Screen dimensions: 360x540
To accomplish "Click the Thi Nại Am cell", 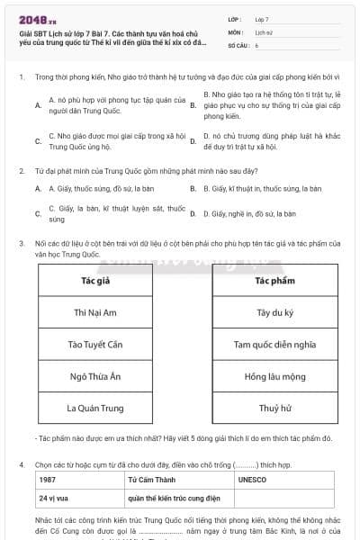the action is pyautogui.click(x=95, y=312).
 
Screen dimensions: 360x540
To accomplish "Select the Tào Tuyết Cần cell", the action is pyautogui.click(x=95, y=344).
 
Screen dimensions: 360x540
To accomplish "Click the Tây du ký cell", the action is pyautogui.click(x=275, y=312).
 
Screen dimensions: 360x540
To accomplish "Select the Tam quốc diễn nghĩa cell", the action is pyautogui.click(x=275, y=344).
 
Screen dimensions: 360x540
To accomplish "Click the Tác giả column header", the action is pyautogui.click(x=95, y=281).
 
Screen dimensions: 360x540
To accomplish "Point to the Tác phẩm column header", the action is pyautogui.click(x=275, y=281).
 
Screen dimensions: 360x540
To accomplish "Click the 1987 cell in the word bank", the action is pyautogui.click(x=49, y=480).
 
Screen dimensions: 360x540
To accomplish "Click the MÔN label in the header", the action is pyautogui.click(x=236, y=31).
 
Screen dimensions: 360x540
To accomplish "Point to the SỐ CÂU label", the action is pyautogui.click(x=238, y=43).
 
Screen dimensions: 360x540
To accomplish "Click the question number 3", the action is pyautogui.click(x=22, y=243).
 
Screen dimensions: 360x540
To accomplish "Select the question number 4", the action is pyautogui.click(x=22, y=464).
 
